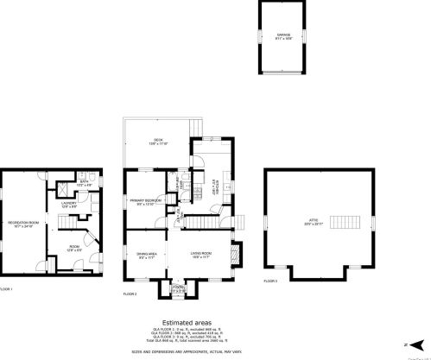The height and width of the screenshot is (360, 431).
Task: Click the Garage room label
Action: tap(283, 36)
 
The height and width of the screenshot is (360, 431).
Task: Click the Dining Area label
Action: tap(146, 256)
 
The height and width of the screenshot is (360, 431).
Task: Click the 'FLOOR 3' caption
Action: tap(271, 281)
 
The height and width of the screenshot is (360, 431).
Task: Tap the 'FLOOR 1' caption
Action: tap(5, 288)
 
